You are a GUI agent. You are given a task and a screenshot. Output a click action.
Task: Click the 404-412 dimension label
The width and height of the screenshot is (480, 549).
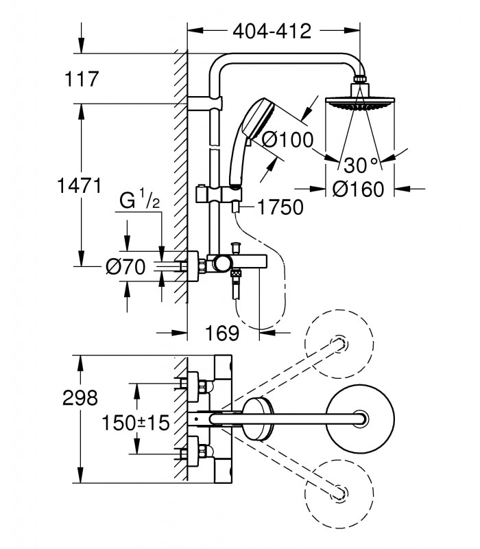[272, 32]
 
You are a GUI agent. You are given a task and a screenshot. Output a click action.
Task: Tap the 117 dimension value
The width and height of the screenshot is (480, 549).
[82, 79]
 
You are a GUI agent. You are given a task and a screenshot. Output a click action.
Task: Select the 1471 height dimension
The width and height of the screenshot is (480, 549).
[80, 185]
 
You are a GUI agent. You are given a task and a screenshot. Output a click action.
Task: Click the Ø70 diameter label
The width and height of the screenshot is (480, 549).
[125, 267]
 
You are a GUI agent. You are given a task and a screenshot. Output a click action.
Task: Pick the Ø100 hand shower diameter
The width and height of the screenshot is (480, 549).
[287, 140]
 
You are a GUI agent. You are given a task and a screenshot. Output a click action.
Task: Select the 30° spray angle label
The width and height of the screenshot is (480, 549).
[361, 165]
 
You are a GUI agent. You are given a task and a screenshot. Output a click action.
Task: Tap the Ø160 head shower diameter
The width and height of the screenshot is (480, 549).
[358, 189]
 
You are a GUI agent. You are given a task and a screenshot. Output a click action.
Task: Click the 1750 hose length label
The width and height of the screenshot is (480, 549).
[280, 207]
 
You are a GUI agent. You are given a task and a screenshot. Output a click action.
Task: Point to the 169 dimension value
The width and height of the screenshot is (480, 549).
[222, 333]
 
